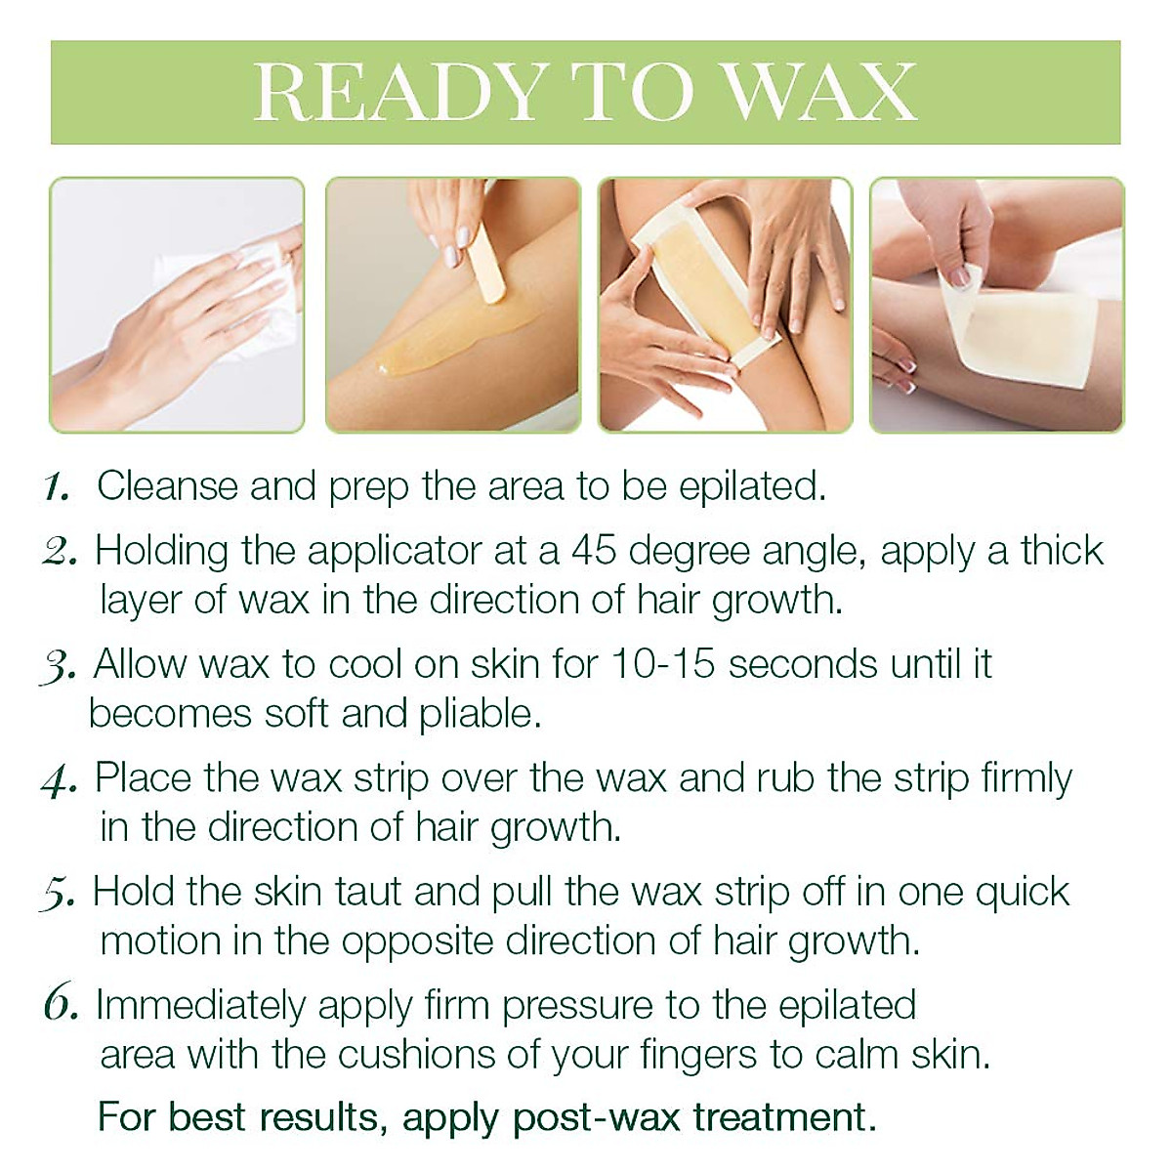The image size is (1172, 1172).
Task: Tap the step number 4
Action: [60, 780]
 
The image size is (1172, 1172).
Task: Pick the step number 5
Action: [58, 894]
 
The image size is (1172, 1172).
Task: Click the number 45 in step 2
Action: [595, 551]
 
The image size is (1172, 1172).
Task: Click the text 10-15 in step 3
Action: [665, 664]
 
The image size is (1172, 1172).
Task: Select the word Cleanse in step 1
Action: [167, 485]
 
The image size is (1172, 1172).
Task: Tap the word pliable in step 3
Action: [480, 714]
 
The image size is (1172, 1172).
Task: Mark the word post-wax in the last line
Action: [596, 1117]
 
